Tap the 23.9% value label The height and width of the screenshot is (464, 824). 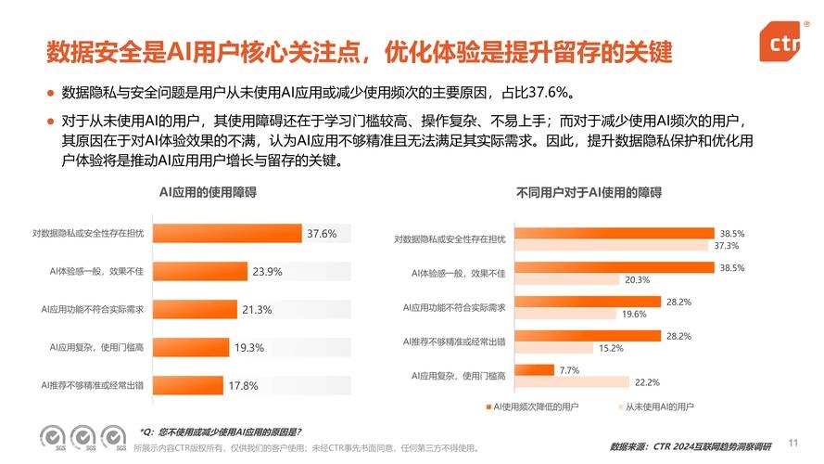point(267,272)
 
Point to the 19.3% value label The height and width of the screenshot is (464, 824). point(249,348)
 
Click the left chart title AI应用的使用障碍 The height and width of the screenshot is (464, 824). point(209,193)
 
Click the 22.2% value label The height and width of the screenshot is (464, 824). point(647,382)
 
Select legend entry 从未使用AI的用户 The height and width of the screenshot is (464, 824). point(659,406)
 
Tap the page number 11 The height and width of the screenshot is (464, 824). point(792,442)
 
